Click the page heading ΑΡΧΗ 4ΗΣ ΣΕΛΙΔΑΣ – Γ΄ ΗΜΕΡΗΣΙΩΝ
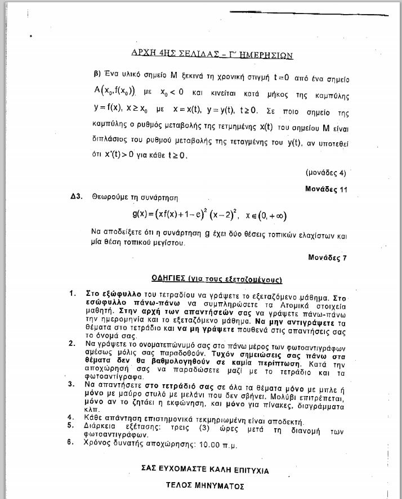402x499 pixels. coord(212,54)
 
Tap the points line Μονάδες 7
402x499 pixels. coord(328,258)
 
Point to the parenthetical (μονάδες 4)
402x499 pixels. coord(325,172)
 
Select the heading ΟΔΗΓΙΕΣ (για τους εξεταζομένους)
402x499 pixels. coord(217,279)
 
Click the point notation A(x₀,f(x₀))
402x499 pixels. coord(115,89)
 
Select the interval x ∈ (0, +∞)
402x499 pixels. coord(266,214)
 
